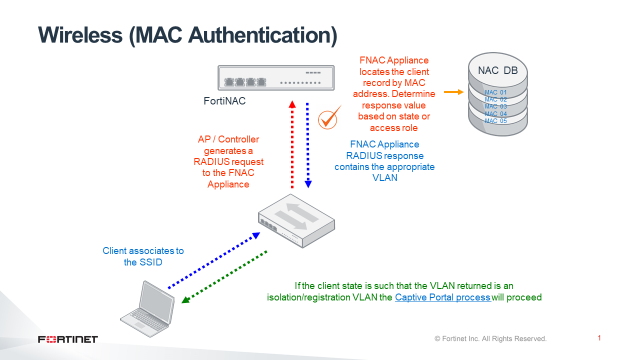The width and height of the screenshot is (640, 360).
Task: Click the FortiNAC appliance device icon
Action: [276, 78]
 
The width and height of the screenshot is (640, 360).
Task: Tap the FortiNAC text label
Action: [226, 103]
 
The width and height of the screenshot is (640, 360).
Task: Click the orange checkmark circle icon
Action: [326, 121]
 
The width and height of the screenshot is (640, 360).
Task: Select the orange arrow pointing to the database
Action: [451, 92]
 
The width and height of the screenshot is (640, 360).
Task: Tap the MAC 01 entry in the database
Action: [497, 92]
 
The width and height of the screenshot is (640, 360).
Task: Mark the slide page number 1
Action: [597, 338]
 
